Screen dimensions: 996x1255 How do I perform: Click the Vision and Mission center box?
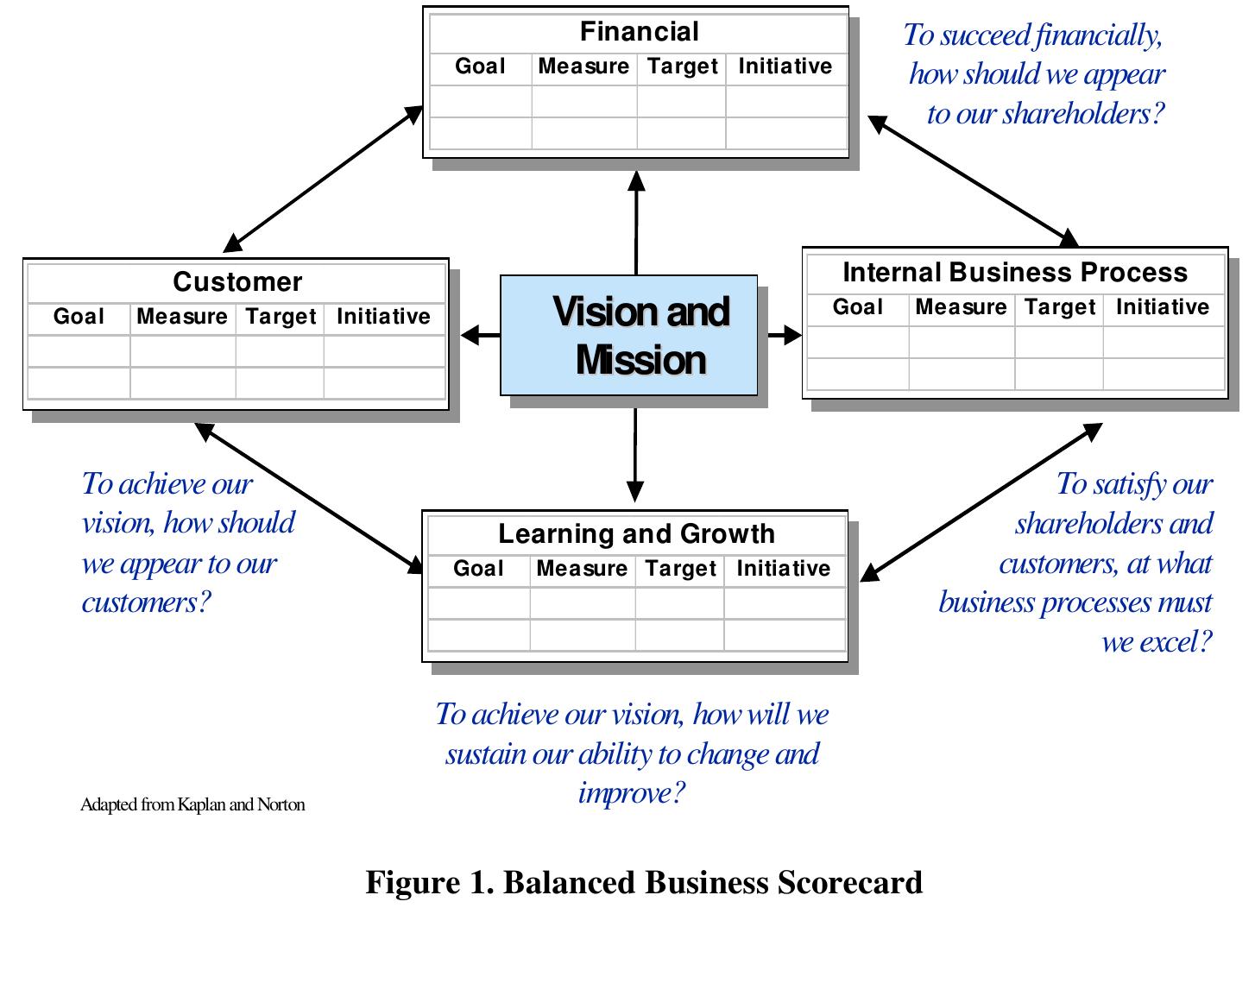629,336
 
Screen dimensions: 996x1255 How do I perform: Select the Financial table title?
639,32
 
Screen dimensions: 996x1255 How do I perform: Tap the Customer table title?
237,282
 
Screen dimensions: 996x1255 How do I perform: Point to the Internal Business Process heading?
1015,273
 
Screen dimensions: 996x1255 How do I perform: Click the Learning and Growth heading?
636,534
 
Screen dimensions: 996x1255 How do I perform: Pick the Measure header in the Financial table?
583,66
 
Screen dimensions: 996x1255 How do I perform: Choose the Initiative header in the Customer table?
383,317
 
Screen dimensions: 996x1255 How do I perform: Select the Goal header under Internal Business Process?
857,307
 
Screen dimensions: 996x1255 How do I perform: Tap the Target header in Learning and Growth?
680,569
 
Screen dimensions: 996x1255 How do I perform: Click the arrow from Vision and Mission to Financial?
636,223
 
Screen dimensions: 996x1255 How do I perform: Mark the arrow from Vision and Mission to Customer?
480,335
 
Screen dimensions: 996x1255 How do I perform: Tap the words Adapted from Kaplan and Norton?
192,804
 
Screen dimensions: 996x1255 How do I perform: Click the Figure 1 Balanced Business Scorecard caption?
644,882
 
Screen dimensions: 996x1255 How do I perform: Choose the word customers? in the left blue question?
146,602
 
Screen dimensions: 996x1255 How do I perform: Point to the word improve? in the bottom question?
632,792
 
